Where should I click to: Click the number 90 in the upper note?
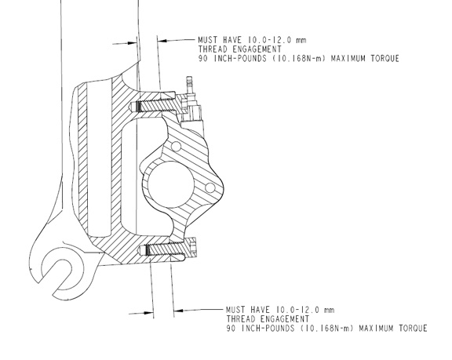point(202,59)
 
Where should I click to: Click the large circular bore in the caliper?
point(170,184)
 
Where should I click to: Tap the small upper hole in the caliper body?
point(176,147)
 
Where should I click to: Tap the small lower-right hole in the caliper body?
point(210,187)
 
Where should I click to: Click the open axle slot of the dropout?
point(57,274)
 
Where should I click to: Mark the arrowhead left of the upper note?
point(162,41)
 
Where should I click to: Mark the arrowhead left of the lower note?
point(178,311)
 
